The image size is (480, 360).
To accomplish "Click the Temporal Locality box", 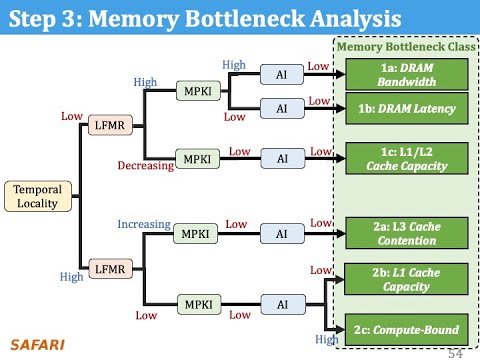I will pyautogui.click(x=35, y=196).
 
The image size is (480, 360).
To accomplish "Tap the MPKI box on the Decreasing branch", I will pyautogui.click(x=193, y=159).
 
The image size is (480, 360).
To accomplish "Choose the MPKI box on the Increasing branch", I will pyautogui.click(x=192, y=232).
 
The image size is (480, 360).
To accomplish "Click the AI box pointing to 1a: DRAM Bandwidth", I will pyautogui.click(x=282, y=74).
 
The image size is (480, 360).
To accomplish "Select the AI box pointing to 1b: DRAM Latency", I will pyautogui.click(x=282, y=107).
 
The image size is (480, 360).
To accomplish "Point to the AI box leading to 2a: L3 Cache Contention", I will pyautogui.click(x=282, y=232).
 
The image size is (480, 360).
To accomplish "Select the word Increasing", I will pyautogui.click(x=144, y=224).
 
